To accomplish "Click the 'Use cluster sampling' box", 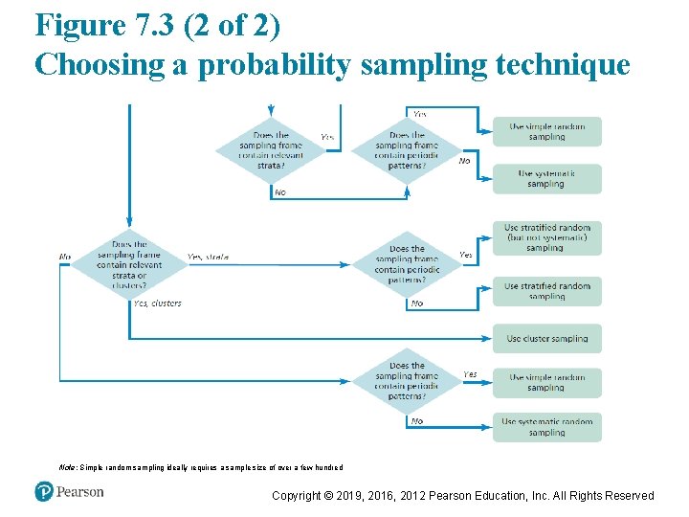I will coord(547,339).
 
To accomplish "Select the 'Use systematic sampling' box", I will coord(547,179).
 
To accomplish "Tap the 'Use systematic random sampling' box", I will coord(547,427).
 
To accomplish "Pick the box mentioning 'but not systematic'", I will coord(547,237).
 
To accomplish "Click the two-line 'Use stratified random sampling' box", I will coord(547,291).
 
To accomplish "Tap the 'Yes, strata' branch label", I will coord(208,258).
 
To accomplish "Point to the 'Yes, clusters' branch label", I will coord(157,303).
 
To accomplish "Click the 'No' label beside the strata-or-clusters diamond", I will coord(65,257).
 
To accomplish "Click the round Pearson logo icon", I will coord(43,491).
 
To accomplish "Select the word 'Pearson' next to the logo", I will coord(79,492).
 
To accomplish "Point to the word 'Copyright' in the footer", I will coord(297,496).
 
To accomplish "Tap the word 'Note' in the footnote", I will coord(68,467).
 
